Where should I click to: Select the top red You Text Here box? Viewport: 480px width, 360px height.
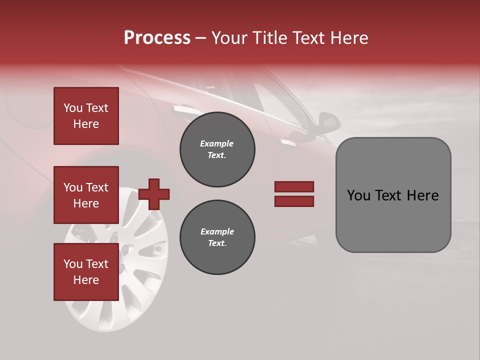click(86, 116)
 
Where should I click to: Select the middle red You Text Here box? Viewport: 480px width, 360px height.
click(86, 195)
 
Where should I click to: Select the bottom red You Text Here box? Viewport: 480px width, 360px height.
click(86, 272)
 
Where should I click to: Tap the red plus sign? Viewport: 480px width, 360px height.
click(154, 194)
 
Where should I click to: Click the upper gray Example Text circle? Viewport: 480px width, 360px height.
click(217, 149)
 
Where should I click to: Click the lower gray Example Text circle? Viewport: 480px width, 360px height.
click(217, 237)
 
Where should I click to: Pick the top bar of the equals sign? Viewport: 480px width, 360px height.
click(294, 186)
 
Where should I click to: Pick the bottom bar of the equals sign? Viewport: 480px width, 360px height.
click(294, 201)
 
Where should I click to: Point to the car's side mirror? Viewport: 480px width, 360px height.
click(327, 121)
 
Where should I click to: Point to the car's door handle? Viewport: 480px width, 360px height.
click(289, 142)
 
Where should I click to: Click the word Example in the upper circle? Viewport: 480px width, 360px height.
click(217, 143)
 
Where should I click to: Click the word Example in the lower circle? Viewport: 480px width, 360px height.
click(217, 231)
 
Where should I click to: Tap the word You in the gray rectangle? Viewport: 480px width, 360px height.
click(358, 195)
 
